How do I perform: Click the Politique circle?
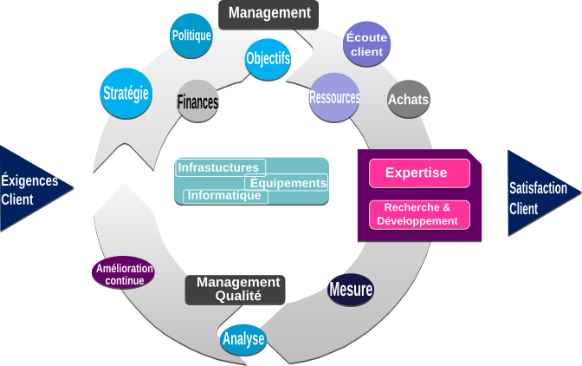191,36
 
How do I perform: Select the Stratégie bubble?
126,94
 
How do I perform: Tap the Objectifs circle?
268,59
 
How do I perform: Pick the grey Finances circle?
197,101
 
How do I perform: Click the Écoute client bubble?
366,44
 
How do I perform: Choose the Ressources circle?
334,97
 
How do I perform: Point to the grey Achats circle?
409,99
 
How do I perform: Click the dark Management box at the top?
268,15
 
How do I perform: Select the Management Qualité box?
236,290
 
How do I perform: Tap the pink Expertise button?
419,173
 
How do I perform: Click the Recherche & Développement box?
419,215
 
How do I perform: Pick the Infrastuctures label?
221,167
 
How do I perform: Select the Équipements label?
286,182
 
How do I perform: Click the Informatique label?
226,196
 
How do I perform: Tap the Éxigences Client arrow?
36,188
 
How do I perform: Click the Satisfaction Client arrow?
545,193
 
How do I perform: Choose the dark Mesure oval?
351,290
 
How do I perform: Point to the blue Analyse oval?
243,339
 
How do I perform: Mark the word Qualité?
238,296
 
